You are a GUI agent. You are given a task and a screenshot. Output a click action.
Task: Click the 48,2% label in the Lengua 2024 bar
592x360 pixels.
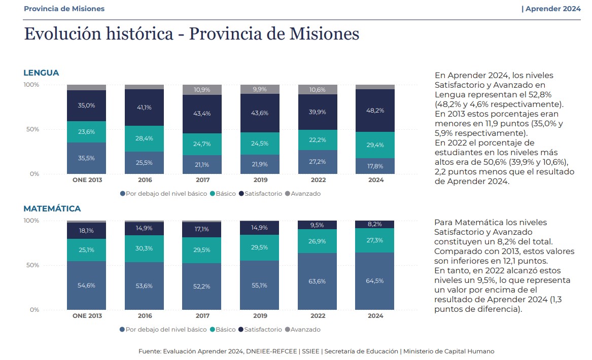[x=375, y=110]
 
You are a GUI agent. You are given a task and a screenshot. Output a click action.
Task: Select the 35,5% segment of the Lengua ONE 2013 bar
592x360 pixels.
[x=86, y=158]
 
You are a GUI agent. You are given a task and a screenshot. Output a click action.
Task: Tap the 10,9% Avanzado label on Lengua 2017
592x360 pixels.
[x=202, y=90]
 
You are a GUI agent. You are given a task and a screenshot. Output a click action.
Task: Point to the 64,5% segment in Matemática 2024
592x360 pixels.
[x=375, y=280]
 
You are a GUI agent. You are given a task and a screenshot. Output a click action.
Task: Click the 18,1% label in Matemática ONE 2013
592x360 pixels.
[x=86, y=230]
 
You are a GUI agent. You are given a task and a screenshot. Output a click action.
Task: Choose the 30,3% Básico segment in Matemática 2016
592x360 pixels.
[x=144, y=248]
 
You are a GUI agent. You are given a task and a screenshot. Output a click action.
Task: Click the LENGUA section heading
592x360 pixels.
[x=41, y=73]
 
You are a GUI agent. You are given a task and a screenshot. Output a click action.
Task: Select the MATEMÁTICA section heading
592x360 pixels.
[x=52, y=208]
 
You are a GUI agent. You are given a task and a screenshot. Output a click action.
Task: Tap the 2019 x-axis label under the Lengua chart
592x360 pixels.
[x=260, y=180]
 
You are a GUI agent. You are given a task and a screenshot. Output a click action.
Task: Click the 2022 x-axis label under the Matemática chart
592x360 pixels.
[x=318, y=316]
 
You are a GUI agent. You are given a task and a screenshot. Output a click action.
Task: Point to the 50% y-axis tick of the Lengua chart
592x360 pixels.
[x=32, y=129]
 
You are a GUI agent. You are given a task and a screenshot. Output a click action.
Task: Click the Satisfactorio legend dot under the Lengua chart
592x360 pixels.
[x=241, y=194]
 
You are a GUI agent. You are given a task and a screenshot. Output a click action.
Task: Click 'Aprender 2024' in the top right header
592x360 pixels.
[x=553, y=9]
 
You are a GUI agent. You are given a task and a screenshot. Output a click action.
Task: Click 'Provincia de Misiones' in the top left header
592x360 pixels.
[x=64, y=9]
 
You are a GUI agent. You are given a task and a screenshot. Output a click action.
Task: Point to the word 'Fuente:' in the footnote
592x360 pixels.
[x=150, y=351]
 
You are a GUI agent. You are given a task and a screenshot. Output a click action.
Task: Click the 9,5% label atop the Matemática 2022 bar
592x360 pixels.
[x=318, y=225]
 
